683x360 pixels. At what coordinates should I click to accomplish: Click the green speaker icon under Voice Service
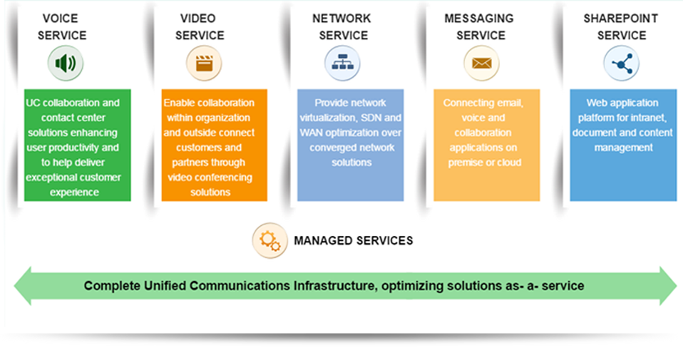pyautogui.click(x=66, y=63)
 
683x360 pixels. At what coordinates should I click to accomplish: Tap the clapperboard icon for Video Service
pyautogui.click(x=204, y=63)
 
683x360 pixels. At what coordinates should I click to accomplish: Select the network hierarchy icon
pyautogui.click(x=342, y=63)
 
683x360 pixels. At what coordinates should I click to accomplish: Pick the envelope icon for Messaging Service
pyautogui.click(x=481, y=63)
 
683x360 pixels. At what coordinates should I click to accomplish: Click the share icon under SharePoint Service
pyautogui.click(x=622, y=63)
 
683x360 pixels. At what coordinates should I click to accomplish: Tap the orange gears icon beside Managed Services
pyautogui.click(x=269, y=240)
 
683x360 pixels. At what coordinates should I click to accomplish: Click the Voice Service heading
pyautogui.click(x=62, y=26)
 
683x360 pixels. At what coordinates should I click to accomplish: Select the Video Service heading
pyautogui.click(x=200, y=26)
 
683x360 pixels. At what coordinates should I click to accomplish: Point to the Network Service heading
pyautogui.click(x=342, y=26)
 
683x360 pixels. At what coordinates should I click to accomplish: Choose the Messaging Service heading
pyautogui.click(x=479, y=26)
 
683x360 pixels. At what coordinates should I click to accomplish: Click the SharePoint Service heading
pyautogui.click(x=621, y=26)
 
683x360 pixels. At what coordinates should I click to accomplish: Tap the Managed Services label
pyautogui.click(x=353, y=241)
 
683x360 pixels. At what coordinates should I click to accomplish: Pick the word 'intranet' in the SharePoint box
pyautogui.click(x=650, y=118)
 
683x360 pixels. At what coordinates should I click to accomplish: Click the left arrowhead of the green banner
pyautogui.click(x=23, y=286)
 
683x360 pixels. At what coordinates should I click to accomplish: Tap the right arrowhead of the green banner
pyautogui.click(x=668, y=286)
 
